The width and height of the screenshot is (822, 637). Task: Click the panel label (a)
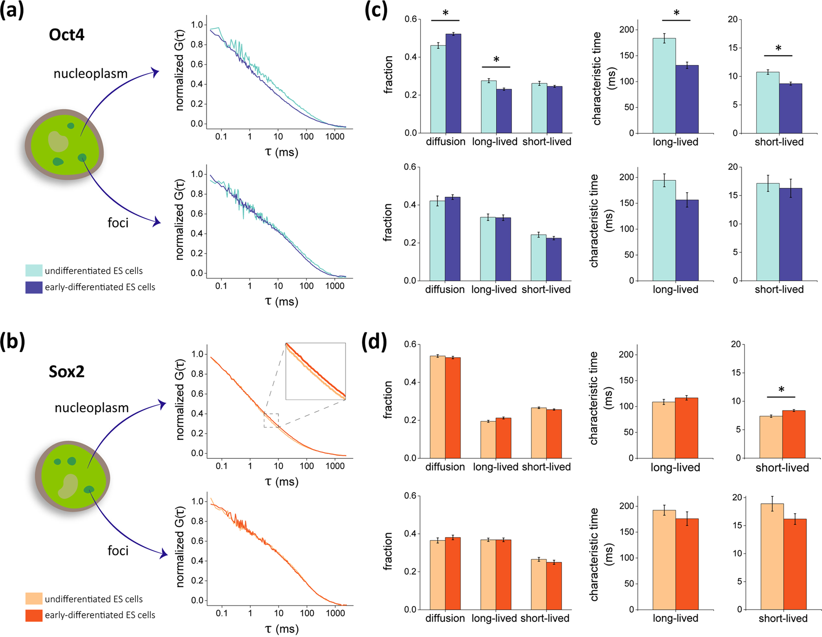(12, 10)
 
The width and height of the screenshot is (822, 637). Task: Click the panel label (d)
(374, 342)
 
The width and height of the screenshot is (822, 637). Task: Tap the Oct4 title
(67, 34)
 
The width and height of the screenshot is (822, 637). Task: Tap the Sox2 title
(67, 372)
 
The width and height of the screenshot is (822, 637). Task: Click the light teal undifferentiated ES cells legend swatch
(34, 271)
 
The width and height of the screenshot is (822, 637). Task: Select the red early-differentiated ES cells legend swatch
(34, 615)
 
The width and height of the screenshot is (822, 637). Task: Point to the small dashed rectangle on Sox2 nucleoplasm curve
(271, 420)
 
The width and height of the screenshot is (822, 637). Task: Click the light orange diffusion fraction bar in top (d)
(438, 407)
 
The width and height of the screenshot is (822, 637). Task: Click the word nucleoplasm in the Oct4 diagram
(91, 74)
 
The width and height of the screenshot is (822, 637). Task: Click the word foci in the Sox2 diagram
(118, 551)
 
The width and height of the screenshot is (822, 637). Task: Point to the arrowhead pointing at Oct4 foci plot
(157, 223)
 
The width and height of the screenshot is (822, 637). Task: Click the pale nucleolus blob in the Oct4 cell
(58, 141)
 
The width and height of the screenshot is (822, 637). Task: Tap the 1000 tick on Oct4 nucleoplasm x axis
(334, 136)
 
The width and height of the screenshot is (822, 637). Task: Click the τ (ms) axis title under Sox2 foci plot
(282, 629)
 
